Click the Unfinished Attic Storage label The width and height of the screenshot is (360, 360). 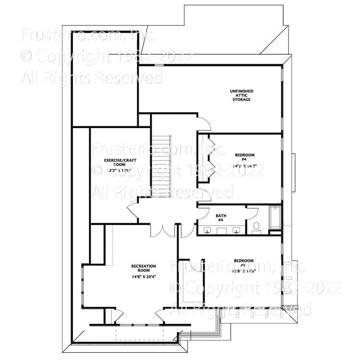242,95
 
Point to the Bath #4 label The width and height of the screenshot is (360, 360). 221,218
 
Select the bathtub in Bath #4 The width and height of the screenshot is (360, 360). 275,217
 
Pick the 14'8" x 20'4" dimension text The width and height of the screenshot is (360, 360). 144,276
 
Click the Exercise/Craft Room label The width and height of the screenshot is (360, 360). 115,162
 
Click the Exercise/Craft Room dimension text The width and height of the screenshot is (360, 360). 115,170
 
